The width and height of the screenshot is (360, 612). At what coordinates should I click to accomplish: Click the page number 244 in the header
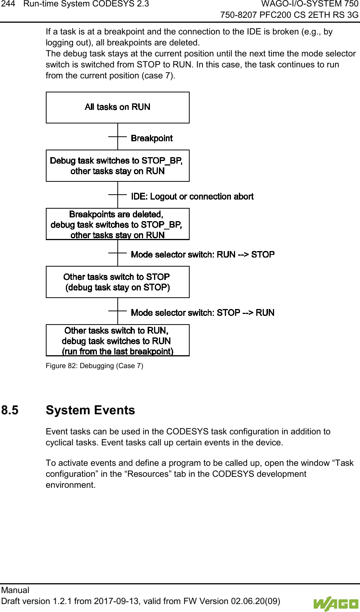8,4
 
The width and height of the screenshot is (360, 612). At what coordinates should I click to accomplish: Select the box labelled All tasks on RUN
117,107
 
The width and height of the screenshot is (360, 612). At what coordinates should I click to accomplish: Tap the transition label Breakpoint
151,138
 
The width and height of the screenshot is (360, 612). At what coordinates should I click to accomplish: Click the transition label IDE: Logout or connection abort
192,197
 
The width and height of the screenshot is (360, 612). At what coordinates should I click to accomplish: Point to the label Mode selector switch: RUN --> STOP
203,254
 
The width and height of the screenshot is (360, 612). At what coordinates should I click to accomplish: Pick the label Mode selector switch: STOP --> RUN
203,313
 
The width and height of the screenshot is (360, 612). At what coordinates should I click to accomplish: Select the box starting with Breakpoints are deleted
117,224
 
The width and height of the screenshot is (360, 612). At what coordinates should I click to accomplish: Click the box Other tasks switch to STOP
117,282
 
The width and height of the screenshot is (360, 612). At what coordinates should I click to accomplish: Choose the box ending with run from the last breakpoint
117,340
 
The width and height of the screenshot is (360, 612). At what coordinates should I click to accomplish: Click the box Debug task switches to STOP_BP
117,166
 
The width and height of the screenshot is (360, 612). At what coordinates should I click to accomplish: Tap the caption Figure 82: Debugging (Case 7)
94,366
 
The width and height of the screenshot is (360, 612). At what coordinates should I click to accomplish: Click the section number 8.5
10,410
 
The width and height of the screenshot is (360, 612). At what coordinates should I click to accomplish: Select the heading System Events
90,410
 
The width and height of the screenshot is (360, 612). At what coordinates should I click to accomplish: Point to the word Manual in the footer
15,590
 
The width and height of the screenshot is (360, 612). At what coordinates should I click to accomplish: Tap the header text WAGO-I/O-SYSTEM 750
310,4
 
